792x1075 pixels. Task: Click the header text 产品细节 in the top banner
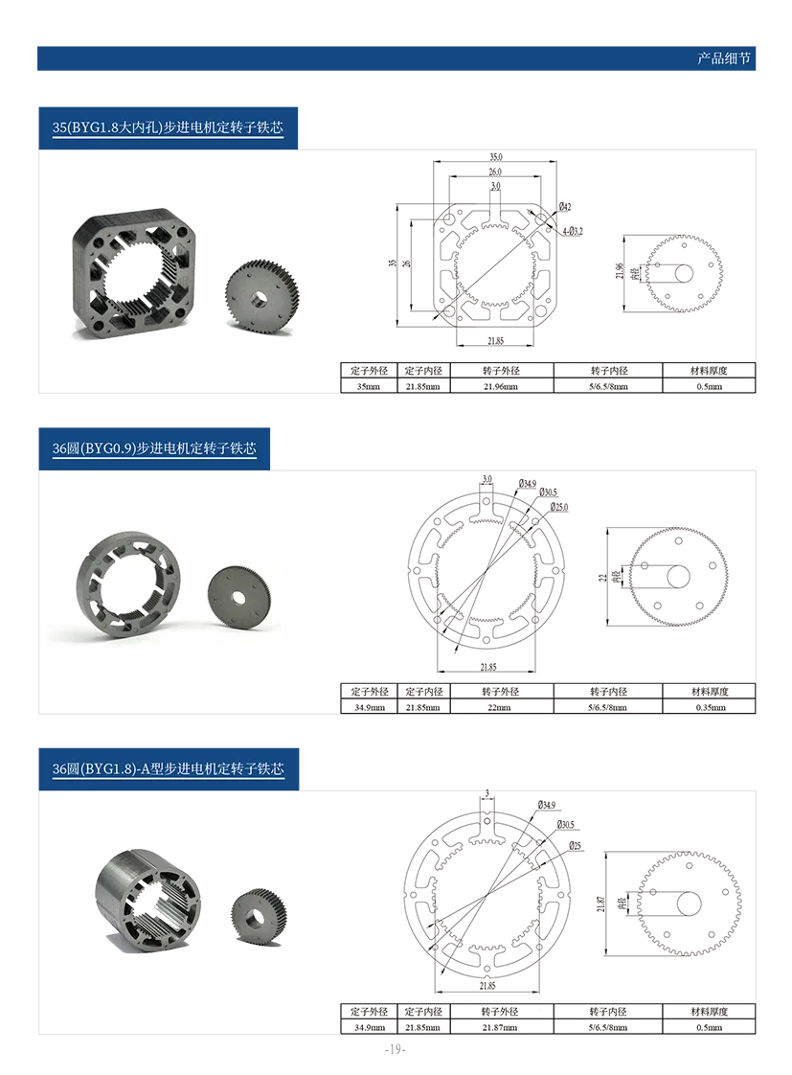point(723,58)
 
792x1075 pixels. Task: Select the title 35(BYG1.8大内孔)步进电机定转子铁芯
point(168,127)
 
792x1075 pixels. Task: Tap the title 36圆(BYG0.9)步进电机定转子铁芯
point(154,448)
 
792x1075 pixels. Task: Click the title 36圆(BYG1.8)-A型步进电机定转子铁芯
point(168,768)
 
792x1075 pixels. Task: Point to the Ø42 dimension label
point(564,206)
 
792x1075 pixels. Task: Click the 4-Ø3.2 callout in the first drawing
point(573,231)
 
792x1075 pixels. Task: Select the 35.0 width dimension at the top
point(495,157)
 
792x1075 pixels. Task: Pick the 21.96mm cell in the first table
point(501,387)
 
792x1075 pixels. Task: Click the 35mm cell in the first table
point(368,387)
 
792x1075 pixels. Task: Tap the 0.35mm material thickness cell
point(711,707)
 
